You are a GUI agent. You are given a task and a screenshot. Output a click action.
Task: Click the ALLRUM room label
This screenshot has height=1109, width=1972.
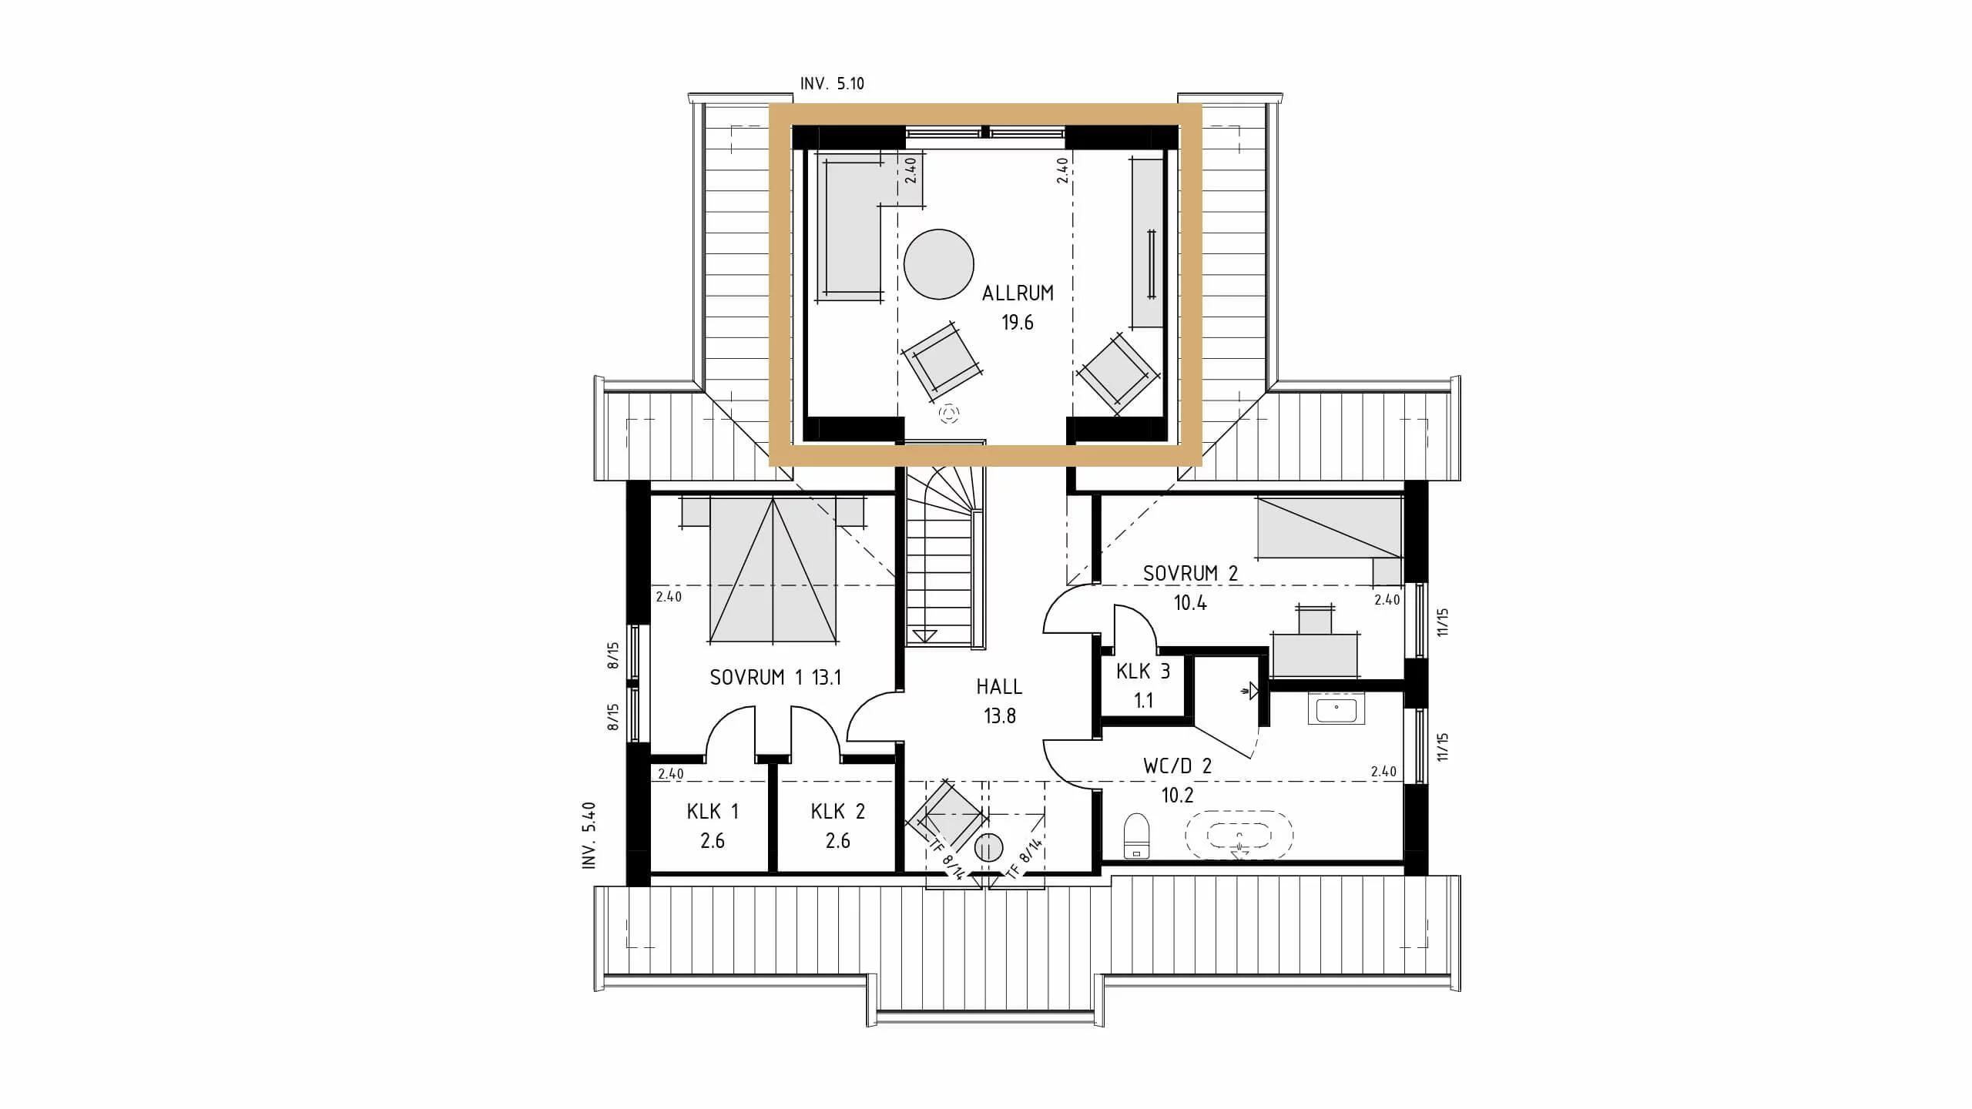pos(1018,293)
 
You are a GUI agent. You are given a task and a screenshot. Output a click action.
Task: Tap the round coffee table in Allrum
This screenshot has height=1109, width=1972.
pos(939,264)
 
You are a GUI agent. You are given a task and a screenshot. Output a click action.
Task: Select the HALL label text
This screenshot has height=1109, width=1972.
pos(999,687)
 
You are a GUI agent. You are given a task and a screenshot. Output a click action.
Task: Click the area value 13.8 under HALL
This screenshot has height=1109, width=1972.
pos(999,716)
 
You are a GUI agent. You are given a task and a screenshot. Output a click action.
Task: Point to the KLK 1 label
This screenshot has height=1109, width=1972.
pos(713,812)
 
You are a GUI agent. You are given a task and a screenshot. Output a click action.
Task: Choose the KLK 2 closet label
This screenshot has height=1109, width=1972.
pos(837,812)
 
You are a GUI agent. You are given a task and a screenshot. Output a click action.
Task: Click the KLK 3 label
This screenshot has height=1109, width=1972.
pos(1143,672)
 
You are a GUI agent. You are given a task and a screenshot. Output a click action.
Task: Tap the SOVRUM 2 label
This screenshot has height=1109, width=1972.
pos(1190,574)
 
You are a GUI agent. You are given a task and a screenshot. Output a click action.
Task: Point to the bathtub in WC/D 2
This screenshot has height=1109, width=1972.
pos(1239,834)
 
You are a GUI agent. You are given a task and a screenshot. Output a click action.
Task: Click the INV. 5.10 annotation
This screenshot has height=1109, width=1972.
pos(832,84)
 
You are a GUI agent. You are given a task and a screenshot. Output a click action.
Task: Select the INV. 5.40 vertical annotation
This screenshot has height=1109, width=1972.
pos(590,836)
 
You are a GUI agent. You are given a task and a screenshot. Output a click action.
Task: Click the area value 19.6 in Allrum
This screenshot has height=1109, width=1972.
pos(1017,323)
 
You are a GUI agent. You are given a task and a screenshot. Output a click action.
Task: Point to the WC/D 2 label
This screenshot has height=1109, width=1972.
pos(1177,766)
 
